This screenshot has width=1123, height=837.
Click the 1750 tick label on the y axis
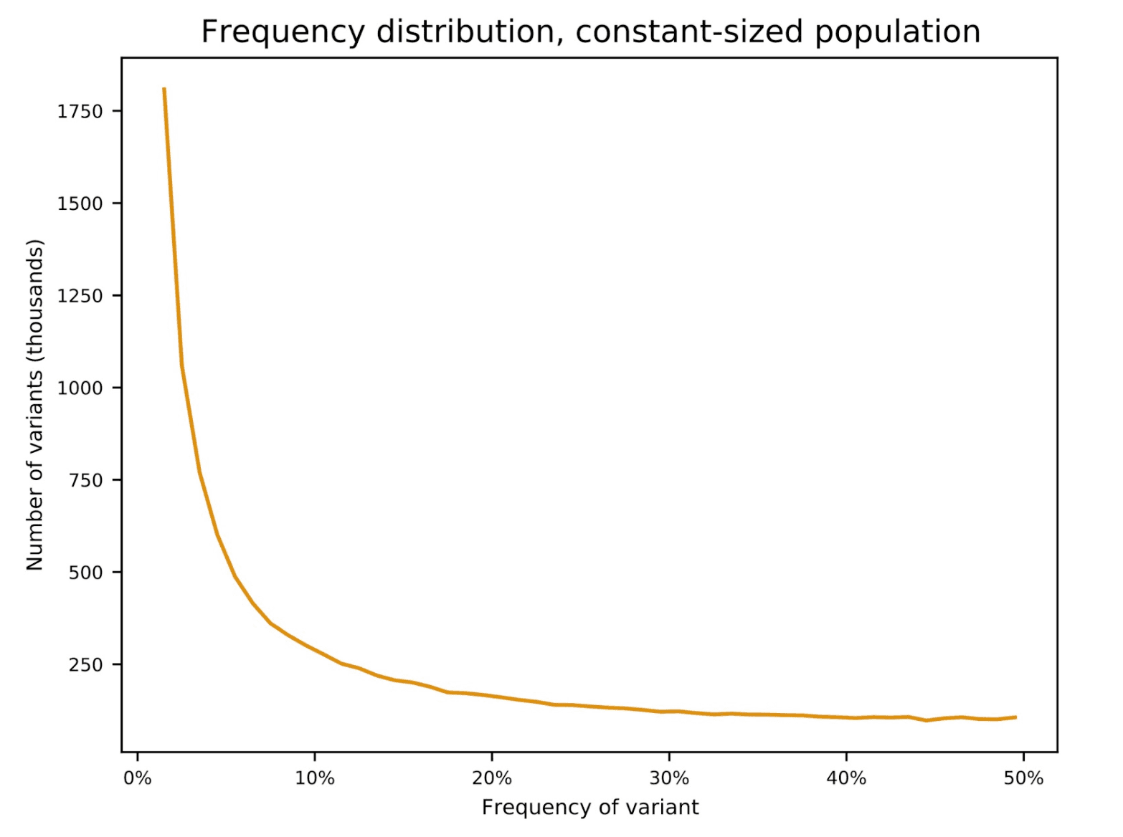pyautogui.click(x=80, y=112)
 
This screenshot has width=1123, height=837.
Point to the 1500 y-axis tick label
pyautogui.click(x=80, y=204)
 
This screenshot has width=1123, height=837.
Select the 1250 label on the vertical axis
pyautogui.click(x=80, y=296)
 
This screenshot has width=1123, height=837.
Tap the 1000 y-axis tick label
pyautogui.click(x=80, y=388)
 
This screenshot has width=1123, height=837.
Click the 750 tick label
pyautogui.click(x=85, y=481)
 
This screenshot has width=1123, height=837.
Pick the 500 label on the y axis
pyautogui.click(x=85, y=573)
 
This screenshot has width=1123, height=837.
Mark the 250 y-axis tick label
pyautogui.click(x=85, y=665)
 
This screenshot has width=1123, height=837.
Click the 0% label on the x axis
pyautogui.click(x=137, y=778)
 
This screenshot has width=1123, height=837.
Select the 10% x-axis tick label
pyautogui.click(x=314, y=778)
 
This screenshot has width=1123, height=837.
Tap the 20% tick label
pyautogui.click(x=491, y=778)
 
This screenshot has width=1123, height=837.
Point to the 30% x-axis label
pyautogui.click(x=669, y=778)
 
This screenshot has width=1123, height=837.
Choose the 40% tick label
pyautogui.click(x=846, y=778)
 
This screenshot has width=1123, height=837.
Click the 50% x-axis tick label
pyautogui.click(x=1023, y=778)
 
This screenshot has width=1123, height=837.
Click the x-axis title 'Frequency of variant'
pyautogui.click(x=589, y=808)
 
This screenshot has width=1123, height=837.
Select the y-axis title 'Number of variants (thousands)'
pyautogui.click(x=34, y=405)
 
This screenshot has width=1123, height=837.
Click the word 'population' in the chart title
pyautogui.click(x=897, y=32)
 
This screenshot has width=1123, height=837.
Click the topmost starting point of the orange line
pyautogui.click(x=164, y=89)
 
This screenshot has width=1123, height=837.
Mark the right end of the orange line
pyautogui.click(x=1016, y=717)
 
